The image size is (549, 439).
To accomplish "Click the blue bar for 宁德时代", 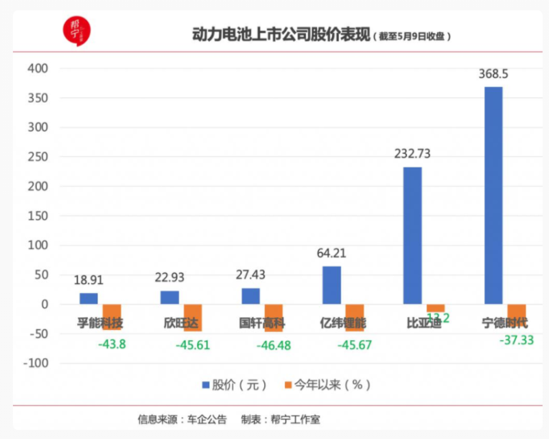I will click(493, 195).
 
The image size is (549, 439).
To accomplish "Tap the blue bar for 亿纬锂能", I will click(331, 285).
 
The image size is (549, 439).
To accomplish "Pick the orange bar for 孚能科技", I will click(112, 317).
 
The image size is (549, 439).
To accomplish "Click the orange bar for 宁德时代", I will click(517, 315).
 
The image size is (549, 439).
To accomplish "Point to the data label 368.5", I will click(493, 74).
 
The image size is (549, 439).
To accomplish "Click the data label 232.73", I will click(412, 154).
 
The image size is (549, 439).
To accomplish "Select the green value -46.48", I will click(274, 345).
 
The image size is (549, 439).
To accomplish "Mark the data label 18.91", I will click(89, 280).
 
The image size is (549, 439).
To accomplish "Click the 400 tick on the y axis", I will click(38, 69).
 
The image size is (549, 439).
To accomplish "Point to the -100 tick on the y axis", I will click(34, 364).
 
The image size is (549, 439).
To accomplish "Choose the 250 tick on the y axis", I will click(38, 157).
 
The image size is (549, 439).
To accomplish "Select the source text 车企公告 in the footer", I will click(205, 419).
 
